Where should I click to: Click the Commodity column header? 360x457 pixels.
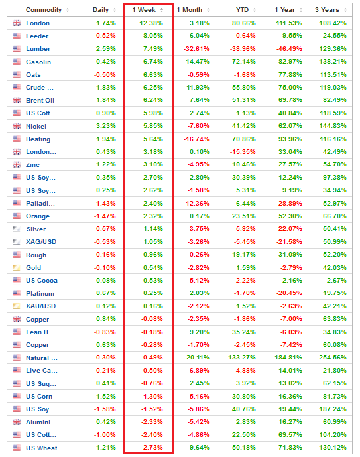pos(44,10)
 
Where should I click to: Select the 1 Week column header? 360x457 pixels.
pos(144,10)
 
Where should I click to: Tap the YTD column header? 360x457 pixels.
pos(243,10)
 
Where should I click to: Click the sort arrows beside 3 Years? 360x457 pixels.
pos(345,10)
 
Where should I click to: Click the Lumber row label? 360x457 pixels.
pos(38,49)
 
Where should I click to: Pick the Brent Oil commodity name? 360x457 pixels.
pos(40,101)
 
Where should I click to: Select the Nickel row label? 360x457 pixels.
pos(36,127)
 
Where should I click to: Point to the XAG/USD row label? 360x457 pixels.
pos(41,242)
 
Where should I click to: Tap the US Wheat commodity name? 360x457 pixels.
pos(42,448)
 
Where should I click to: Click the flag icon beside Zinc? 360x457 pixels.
pos(17,164)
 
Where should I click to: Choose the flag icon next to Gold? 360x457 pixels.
pos(17,267)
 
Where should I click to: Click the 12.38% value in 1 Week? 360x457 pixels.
pos(151,23)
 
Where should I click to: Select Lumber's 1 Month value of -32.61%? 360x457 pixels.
pos(196,49)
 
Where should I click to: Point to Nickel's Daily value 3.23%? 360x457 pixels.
pos(106,126)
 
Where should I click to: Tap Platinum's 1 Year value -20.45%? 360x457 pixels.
pos(289,293)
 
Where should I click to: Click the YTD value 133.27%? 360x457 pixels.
pos(242,358)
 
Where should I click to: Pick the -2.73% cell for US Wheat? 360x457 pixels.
pos(152,447)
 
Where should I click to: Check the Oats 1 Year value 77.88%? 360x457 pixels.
pos(290,74)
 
